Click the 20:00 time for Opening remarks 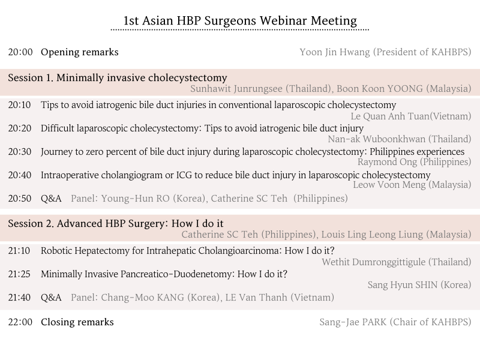pos(20,52)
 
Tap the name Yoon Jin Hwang pos(335,52)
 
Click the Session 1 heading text pos(118,78)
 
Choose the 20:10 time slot pos(20,105)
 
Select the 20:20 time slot pos(20,128)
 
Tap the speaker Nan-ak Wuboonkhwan pos(377,139)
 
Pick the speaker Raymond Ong pos(387,162)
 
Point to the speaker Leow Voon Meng pos(389,185)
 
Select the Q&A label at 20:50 pos(51,199)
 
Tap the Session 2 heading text pos(116,224)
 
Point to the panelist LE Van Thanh pos(256,298)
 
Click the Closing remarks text pos(77,322)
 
